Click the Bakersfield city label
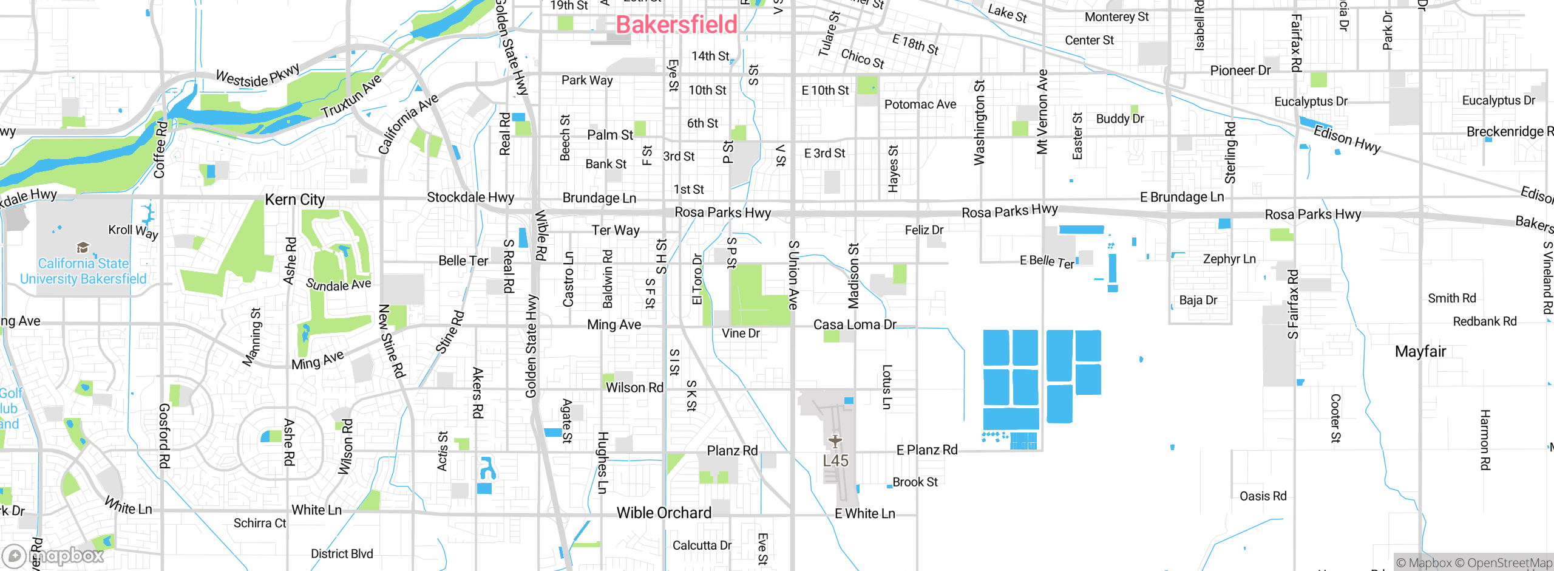tap(676, 25)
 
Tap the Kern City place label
tap(295, 200)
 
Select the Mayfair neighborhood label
tap(1420, 351)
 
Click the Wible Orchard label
tap(663, 513)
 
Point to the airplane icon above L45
tap(835, 441)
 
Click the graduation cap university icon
tap(83, 247)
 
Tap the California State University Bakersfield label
tap(83, 271)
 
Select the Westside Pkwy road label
tap(258, 75)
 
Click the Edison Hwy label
tap(1347, 139)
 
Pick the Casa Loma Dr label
tap(854, 324)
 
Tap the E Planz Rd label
tap(926, 450)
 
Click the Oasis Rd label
tap(1263, 496)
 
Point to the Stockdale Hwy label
tap(470, 197)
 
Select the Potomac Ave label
tap(920, 104)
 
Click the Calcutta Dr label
tap(702, 545)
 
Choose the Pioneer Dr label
tap(1240, 70)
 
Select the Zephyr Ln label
tap(1229, 259)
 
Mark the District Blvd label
tap(342, 553)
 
